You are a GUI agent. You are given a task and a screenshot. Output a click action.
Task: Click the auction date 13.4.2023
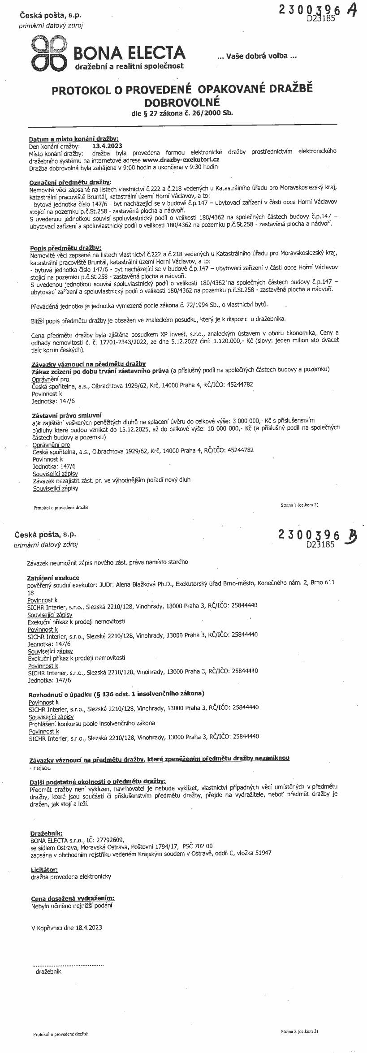click(107, 146)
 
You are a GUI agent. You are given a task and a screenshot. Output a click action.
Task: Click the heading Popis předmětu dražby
click(65, 247)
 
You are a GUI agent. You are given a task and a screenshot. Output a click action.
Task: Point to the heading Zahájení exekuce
click(53, 578)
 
